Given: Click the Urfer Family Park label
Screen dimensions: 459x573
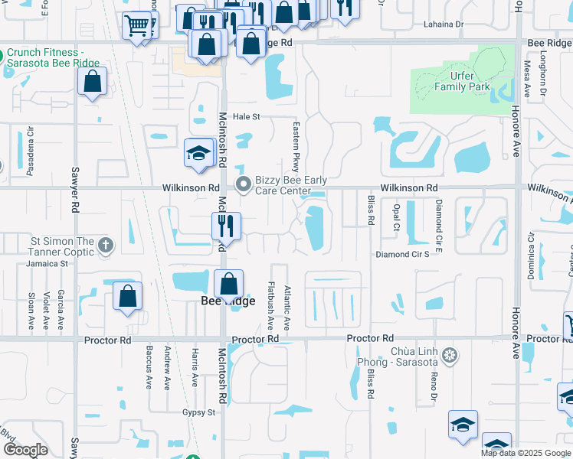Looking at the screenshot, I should [463, 82].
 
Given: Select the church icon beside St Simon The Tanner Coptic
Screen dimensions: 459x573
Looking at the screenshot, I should [106, 246].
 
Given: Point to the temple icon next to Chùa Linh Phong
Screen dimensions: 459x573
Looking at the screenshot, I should [450, 356].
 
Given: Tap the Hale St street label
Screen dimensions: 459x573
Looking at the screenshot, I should [247, 116].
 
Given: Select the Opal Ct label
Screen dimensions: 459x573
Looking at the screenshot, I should [396, 216].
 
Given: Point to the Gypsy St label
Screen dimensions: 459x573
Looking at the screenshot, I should [200, 412].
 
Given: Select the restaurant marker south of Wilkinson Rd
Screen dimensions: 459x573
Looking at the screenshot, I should [226, 226].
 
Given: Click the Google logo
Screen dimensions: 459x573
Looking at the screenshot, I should [26, 450].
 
